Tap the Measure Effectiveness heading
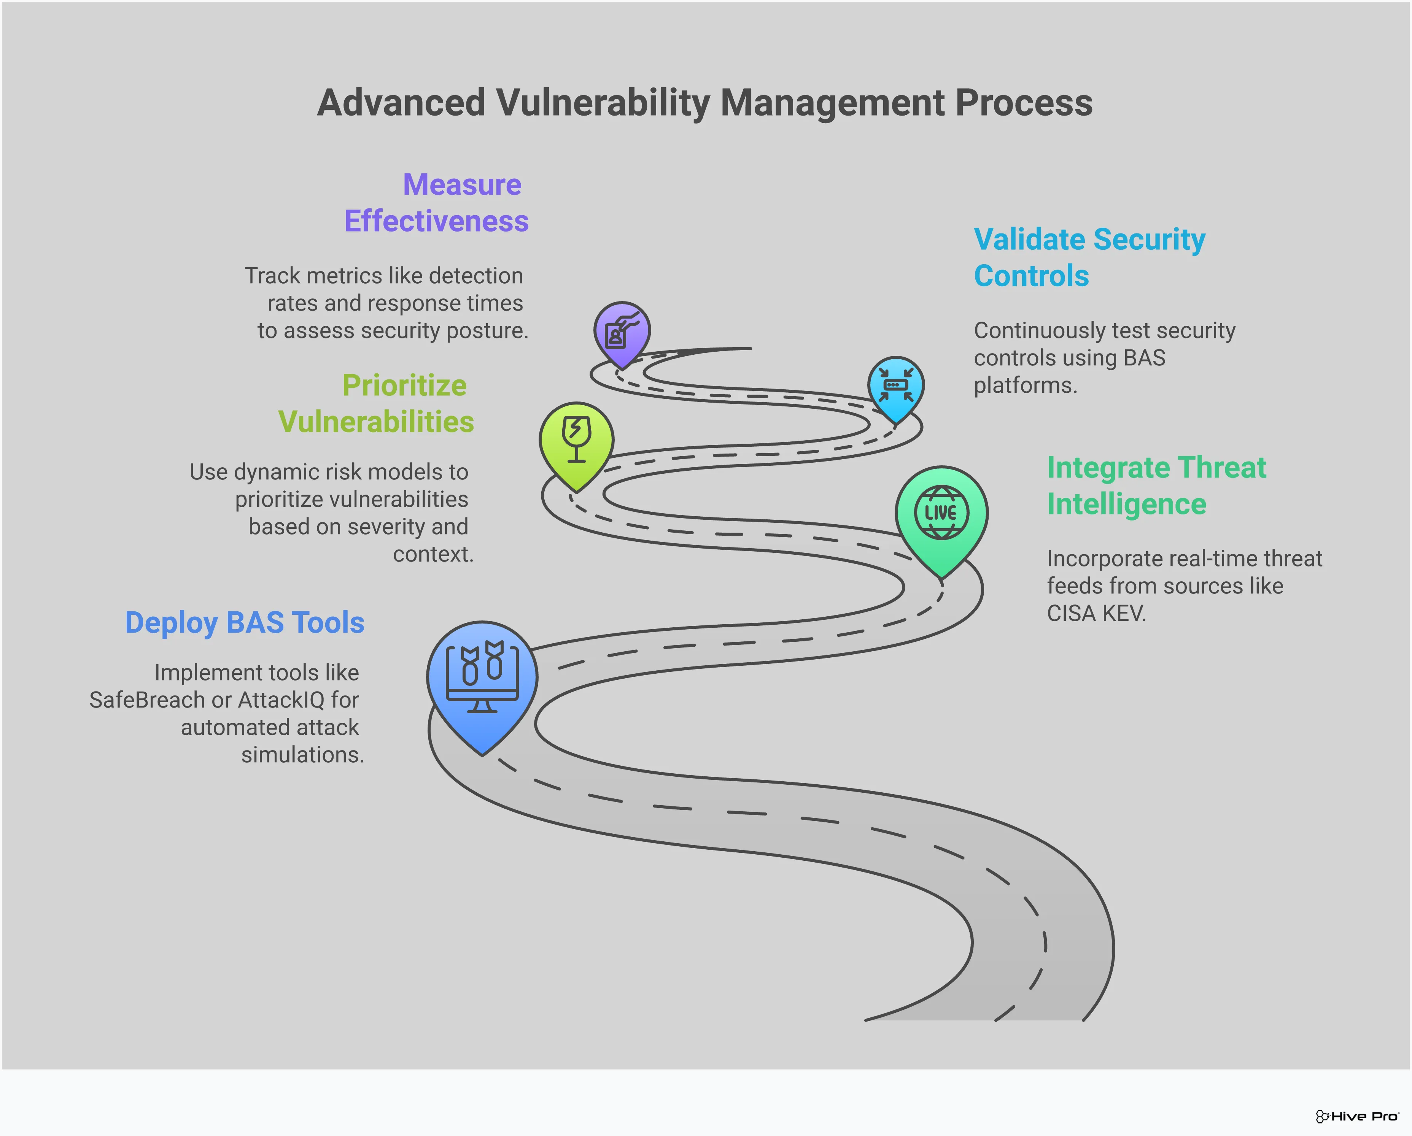point(437,203)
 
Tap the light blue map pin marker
point(895,386)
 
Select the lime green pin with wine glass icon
point(576,442)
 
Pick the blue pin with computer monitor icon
point(482,681)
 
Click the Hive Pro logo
point(1357,1116)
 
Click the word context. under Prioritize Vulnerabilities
point(433,555)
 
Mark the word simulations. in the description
point(302,755)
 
